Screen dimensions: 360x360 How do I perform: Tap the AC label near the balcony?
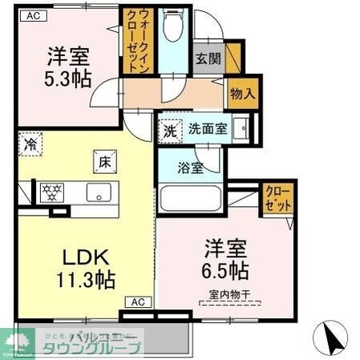(136, 302)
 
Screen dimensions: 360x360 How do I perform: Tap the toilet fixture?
(172, 26)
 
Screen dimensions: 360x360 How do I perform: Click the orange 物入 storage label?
(243, 94)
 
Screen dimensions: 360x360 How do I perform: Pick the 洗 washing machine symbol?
(170, 129)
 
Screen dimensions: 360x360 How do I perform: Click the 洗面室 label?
(207, 129)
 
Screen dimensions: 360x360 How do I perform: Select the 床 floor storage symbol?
(104, 162)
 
